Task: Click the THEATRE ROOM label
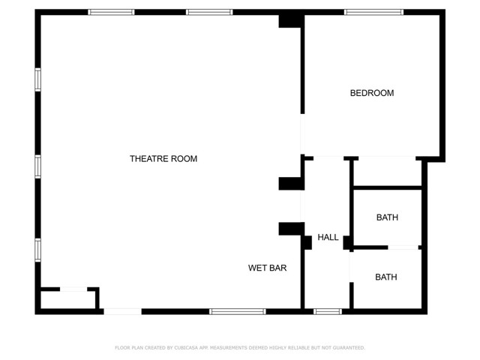pos(163,159)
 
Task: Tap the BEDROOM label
pos(372,93)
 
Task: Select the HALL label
pos(328,238)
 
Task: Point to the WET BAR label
pos(268,268)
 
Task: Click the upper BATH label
pos(387,217)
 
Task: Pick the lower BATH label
pos(386,277)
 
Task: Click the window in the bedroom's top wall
pos(373,12)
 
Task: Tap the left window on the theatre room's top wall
pos(111,12)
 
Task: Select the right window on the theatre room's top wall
pos(209,12)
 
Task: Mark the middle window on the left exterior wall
pos(37,166)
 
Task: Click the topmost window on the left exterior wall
pos(37,79)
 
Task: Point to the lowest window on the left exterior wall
pos(37,250)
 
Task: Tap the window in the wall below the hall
pos(328,311)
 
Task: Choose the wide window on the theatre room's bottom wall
pos(237,311)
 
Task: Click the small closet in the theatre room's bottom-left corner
pos(67,300)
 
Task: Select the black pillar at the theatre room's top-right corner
pos(290,20)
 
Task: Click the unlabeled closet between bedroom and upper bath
pos(387,172)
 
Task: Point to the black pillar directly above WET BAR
pos(289,229)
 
